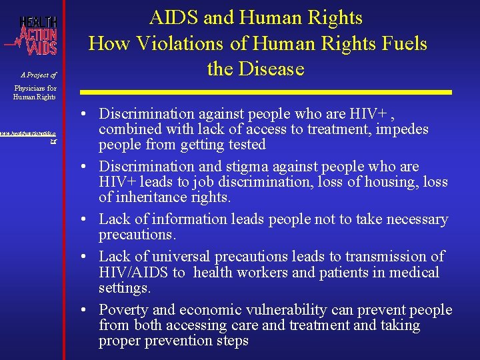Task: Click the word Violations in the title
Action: click(174, 44)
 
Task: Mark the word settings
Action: click(125, 289)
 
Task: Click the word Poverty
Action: click(124, 310)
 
